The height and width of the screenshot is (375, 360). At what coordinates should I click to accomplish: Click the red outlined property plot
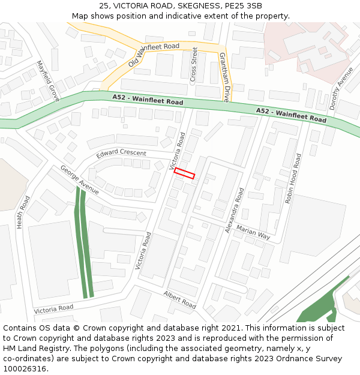(x=184, y=173)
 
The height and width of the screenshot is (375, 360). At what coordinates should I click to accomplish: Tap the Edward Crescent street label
(x=121, y=153)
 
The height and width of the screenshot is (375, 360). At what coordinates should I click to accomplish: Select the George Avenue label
(x=79, y=180)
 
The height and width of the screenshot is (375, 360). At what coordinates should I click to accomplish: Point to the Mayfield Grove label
(x=48, y=80)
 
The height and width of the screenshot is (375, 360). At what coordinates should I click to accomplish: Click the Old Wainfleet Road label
(x=154, y=55)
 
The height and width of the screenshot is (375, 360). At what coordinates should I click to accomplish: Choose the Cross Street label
(x=193, y=65)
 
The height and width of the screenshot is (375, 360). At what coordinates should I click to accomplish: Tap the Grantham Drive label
(x=223, y=77)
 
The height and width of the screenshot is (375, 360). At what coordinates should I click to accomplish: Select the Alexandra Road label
(x=235, y=210)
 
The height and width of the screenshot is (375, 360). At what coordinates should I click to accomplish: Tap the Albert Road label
(x=179, y=299)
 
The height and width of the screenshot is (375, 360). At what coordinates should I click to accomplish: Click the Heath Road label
(x=23, y=211)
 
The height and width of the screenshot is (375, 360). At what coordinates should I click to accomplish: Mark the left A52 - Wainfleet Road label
(x=148, y=100)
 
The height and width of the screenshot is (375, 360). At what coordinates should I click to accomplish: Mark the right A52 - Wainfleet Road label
(x=291, y=115)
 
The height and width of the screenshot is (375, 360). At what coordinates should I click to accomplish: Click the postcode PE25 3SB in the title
(x=246, y=6)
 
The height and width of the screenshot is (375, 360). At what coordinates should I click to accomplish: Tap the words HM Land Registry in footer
(x=38, y=349)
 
